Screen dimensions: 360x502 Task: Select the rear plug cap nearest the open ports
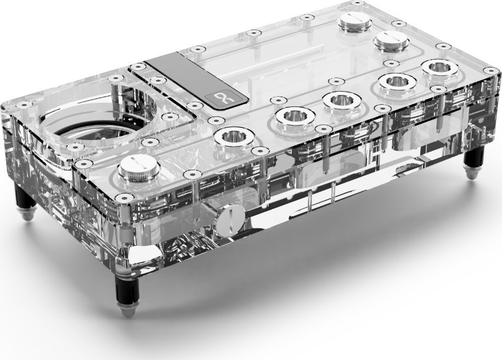point(390,40)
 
